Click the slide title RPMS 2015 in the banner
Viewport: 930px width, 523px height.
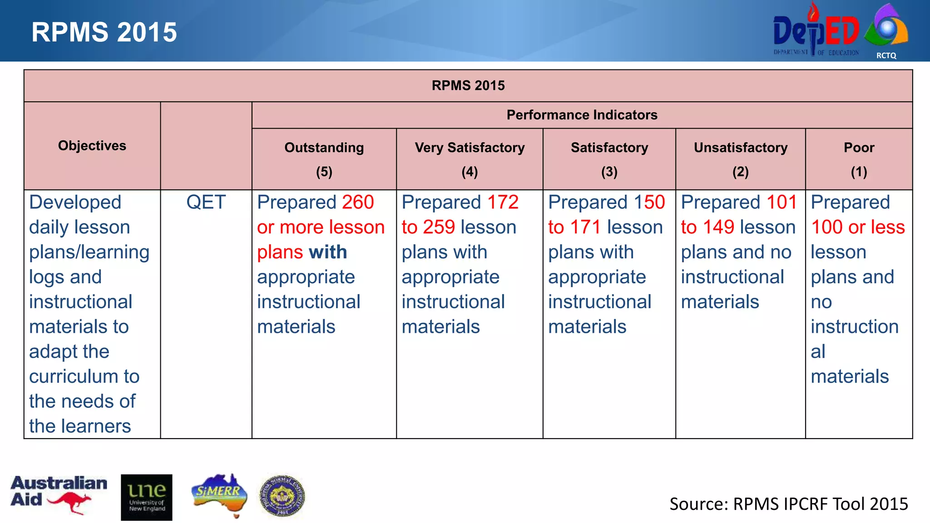pos(104,32)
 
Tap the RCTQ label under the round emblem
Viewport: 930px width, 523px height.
pos(886,55)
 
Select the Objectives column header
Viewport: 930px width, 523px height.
pos(92,146)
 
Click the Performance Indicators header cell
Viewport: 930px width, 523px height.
pos(582,115)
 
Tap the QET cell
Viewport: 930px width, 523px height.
pos(206,202)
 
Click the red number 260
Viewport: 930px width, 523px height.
pos(358,202)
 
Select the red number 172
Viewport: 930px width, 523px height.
pos(503,202)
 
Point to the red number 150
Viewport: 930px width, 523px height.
pos(649,202)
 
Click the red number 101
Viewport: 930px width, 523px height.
pos(782,202)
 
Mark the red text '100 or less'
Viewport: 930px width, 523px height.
pos(858,227)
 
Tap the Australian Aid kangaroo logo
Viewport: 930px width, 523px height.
pos(58,494)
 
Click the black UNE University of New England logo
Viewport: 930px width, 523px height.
pos(146,497)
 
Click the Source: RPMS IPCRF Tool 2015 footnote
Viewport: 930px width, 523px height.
pos(788,504)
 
